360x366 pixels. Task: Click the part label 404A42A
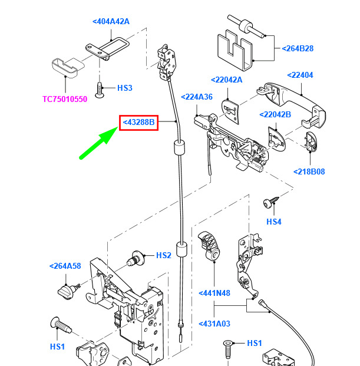click(111, 22)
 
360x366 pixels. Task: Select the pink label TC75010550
click(65, 99)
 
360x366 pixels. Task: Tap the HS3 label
click(125, 88)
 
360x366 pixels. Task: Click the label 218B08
click(309, 172)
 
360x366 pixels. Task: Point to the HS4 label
click(274, 222)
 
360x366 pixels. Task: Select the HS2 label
click(163, 255)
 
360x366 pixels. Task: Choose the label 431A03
click(214, 324)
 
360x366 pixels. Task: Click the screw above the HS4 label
click(269, 203)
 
